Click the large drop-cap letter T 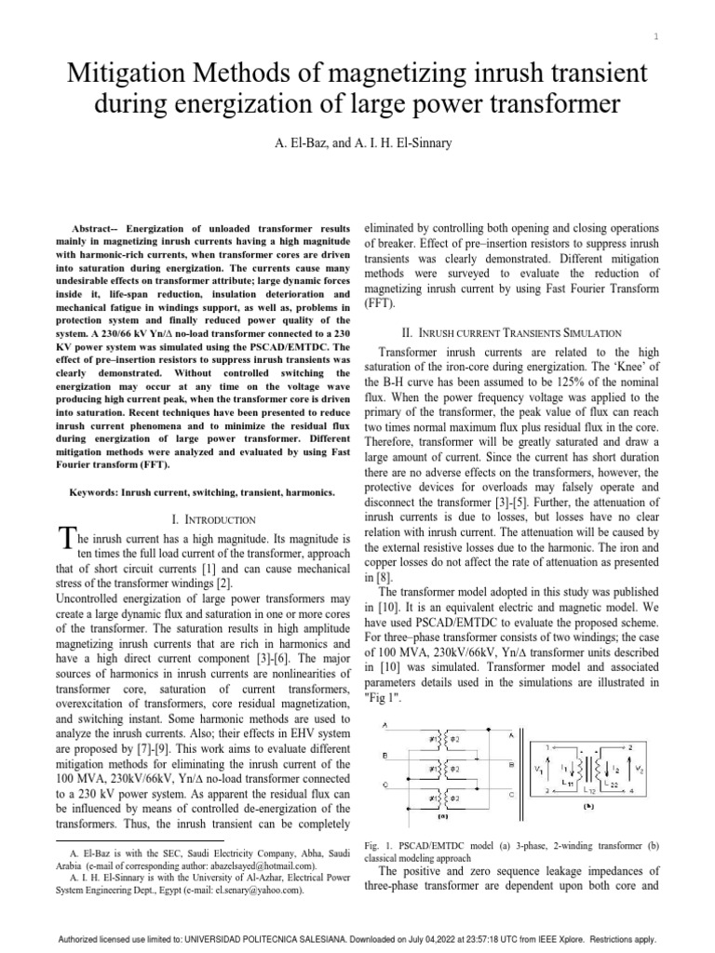[x=64, y=537]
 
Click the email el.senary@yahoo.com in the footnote [x=256, y=890]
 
